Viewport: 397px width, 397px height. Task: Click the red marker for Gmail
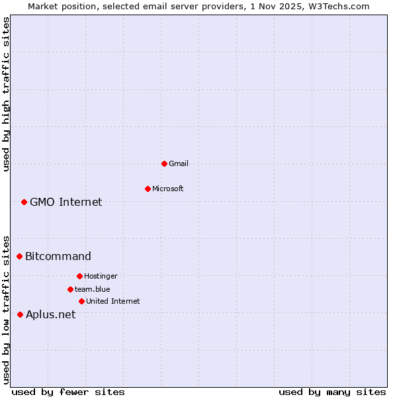pyautogui.click(x=164, y=163)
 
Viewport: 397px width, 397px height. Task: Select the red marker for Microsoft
pyautogui.click(x=148, y=189)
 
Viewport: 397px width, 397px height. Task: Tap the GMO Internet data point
pyautogui.click(x=24, y=202)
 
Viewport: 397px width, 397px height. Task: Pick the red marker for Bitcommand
pyautogui.click(x=19, y=256)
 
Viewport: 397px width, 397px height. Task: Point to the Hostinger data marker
pyautogui.click(x=79, y=276)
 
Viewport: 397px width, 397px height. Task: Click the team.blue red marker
pyautogui.click(x=70, y=289)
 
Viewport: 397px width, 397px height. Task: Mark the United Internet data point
pyautogui.click(x=81, y=301)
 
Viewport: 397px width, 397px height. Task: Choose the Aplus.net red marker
pyautogui.click(x=20, y=314)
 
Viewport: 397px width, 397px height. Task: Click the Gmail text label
pyautogui.click(x=179, y=163)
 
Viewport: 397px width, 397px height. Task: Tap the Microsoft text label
pyautogui.click(x=168, y=189)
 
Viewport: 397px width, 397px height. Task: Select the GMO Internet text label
pyautogui.click(x=66, y=202)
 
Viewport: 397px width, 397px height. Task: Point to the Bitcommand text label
pyautogui.click(x=58, y=256)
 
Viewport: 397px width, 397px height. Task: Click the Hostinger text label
pyautogui.click(x=101, y=276)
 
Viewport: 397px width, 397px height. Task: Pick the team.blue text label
pyautogui.click(x=93, y=289)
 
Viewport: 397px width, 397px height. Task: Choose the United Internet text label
pyautogui.click(x=113, y=301)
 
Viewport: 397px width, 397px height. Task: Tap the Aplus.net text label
pyautogui.click(x=51, y=314)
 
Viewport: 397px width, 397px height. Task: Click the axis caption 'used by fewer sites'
pyautogui.click(x=68, y=392)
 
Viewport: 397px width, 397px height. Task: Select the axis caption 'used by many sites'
pyautogui.click(x=332, y=392)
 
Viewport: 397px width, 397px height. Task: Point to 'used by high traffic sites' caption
pyautogui.click(x=6, y=94)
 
